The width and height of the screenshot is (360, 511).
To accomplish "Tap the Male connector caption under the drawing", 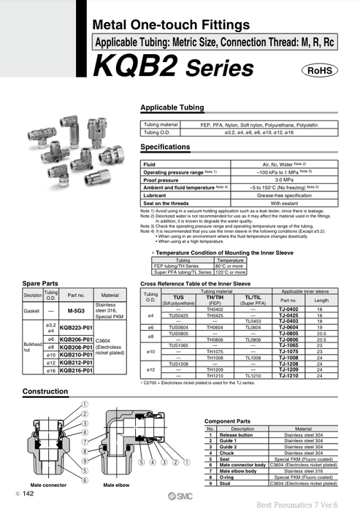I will click(45, 484).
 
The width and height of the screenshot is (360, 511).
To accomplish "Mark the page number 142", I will click(28, 494).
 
